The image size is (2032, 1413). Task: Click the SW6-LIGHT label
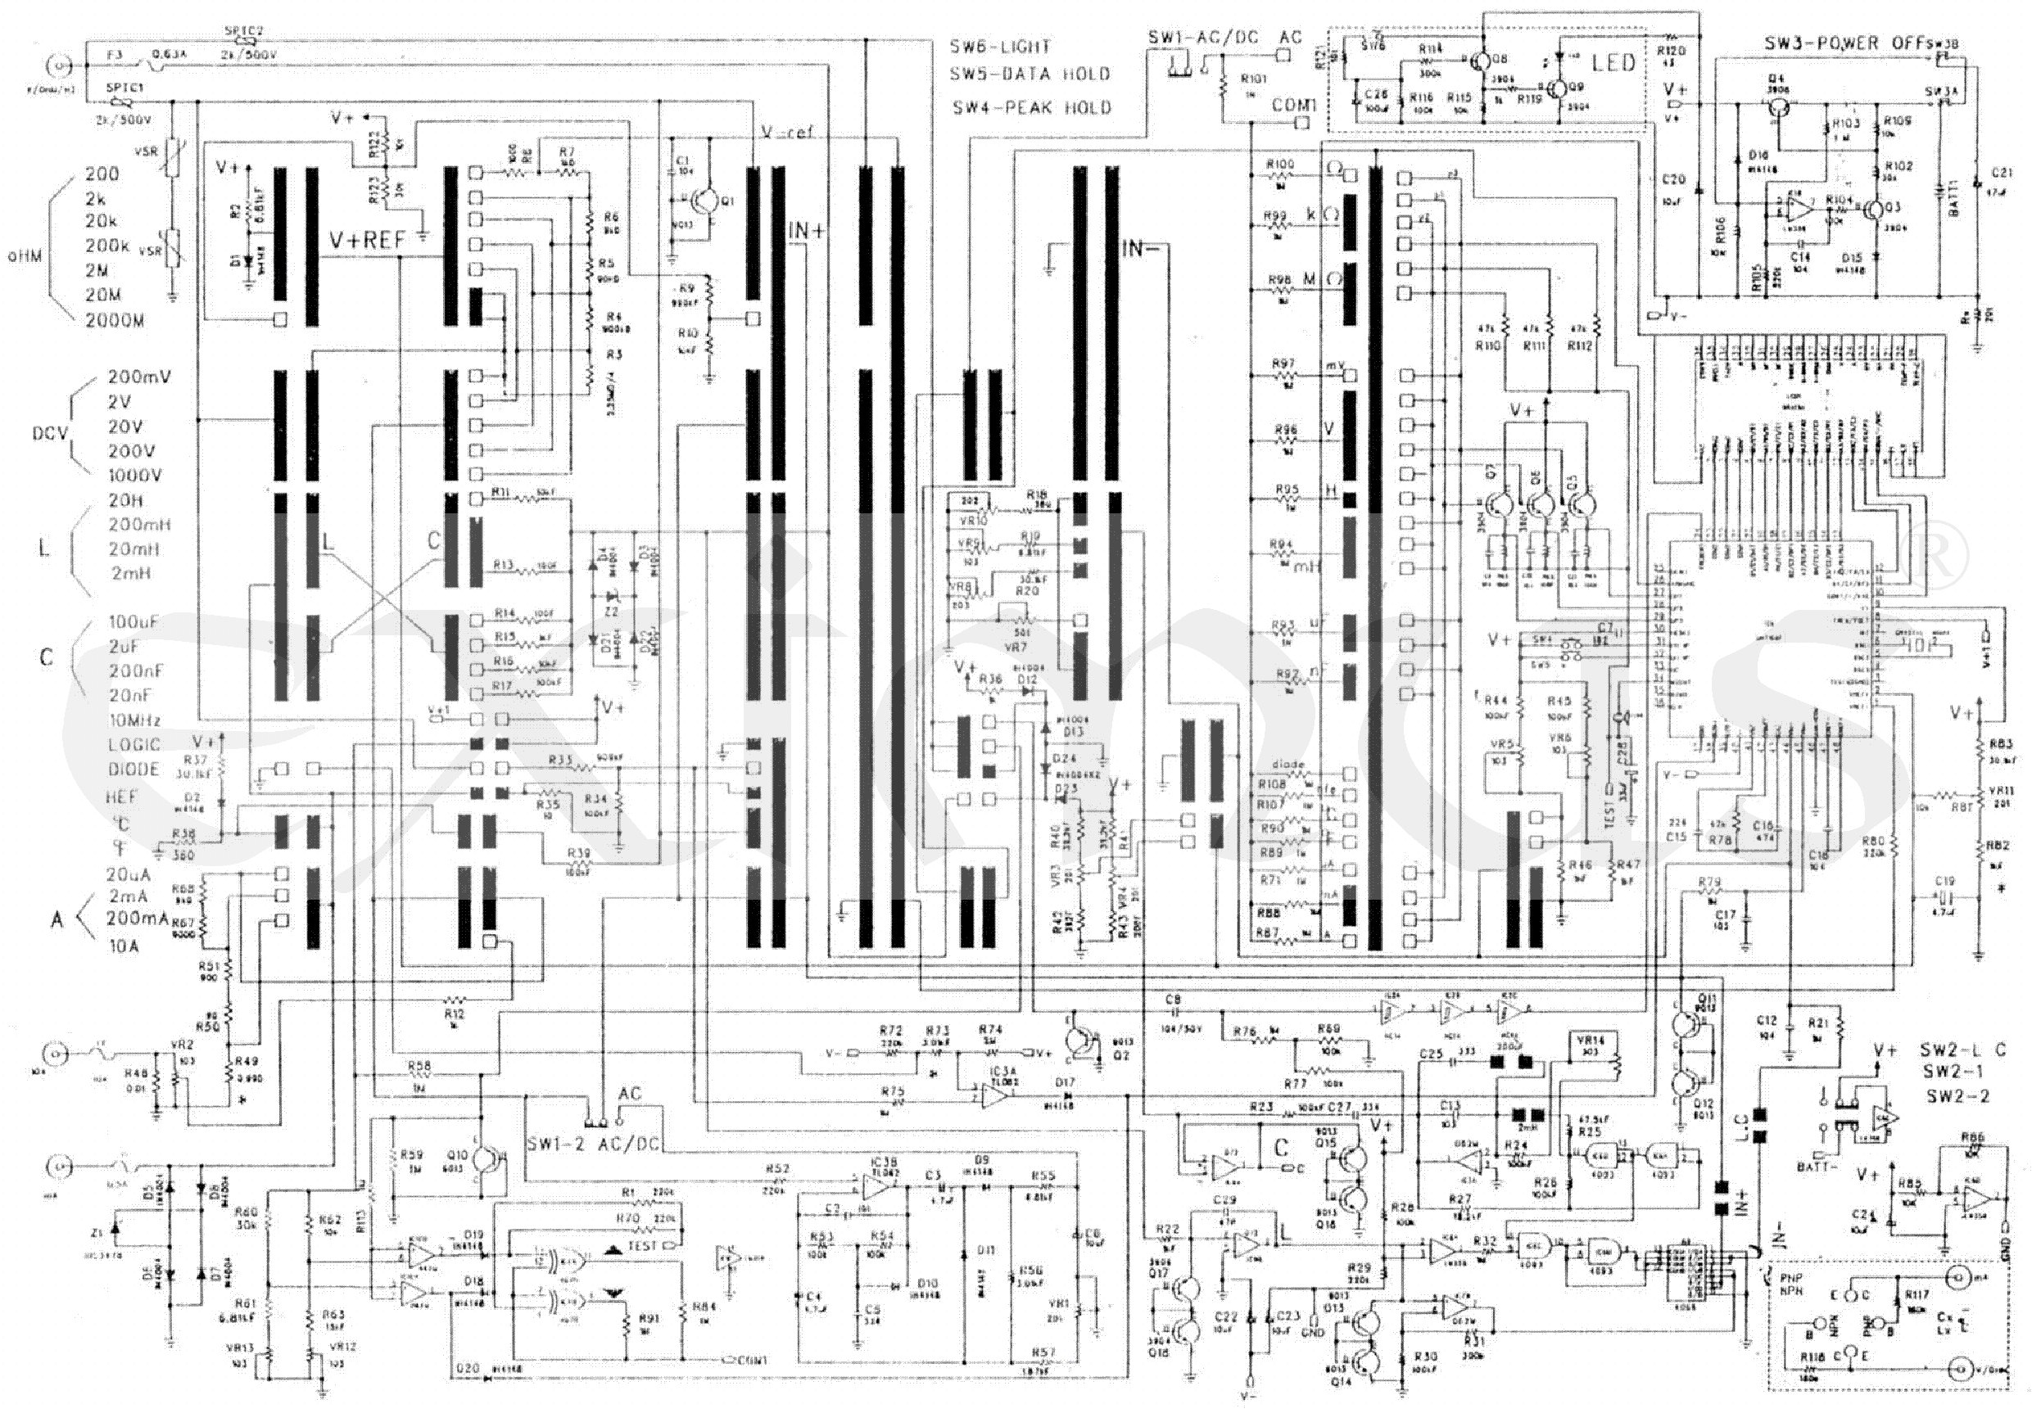point(1000,47)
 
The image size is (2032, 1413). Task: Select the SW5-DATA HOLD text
point(1030,75)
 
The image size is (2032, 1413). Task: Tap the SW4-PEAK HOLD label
point(1031,108)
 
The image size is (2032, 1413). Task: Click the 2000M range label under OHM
point(114,321)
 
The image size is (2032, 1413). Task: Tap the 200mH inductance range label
point(140,525)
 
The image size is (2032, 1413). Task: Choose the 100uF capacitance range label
point(134,622)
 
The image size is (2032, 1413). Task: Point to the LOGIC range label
point(134,745)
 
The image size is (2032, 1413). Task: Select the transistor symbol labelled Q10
point(484,1158)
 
